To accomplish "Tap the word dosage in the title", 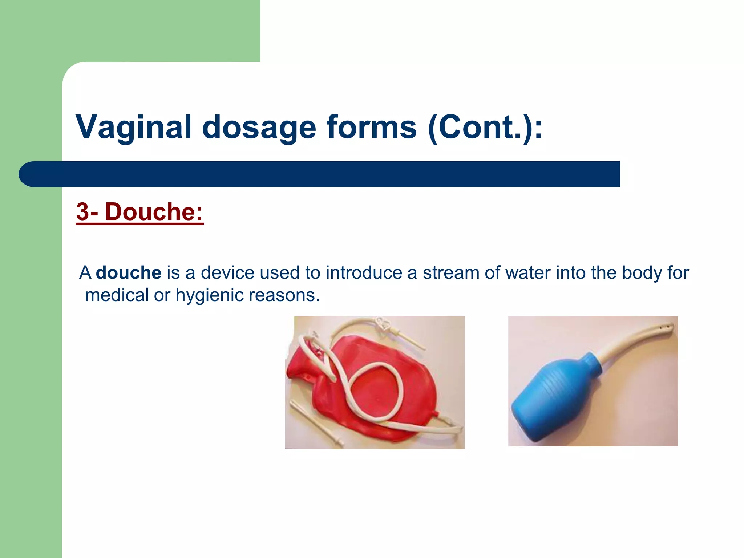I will tap(259, 127).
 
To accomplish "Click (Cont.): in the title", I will tap(485, 127).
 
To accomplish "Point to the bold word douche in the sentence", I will tap(128, 272).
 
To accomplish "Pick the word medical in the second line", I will tap(117, 295).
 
